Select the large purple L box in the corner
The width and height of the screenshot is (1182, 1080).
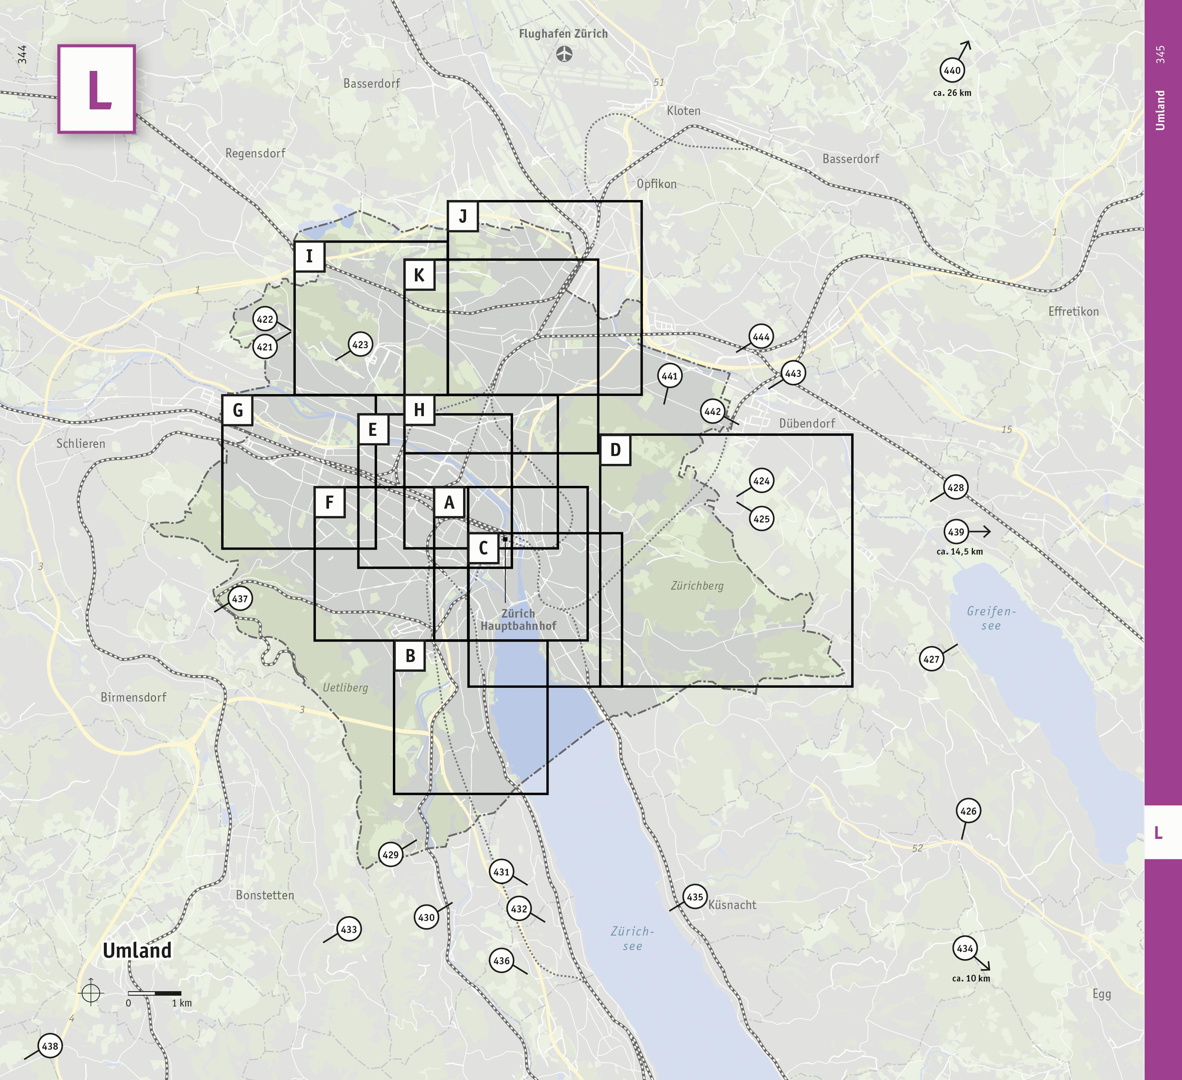point(97,89)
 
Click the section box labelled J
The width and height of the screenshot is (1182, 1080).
point(463,216)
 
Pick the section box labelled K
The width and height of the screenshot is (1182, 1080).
point(419,275)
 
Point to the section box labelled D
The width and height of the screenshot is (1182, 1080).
point(615,450)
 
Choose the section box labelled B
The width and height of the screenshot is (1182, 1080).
point(410,656)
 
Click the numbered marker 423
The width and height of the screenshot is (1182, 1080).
point(360,344)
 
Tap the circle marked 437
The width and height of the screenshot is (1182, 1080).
point(240,599)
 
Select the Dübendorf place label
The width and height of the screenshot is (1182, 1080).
point(807,424)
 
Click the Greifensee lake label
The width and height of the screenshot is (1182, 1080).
point(991,618)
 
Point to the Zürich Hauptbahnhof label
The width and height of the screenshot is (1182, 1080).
point(518,619)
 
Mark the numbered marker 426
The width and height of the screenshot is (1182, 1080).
point(968,811)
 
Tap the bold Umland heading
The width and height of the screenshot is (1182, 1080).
point(137,951)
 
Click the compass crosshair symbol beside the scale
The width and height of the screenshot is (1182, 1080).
point(91,993)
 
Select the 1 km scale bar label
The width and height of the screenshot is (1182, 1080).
point(182,1003)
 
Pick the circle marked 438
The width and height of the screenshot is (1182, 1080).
point(50,1046)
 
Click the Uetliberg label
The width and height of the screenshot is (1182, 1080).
point(345,687)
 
